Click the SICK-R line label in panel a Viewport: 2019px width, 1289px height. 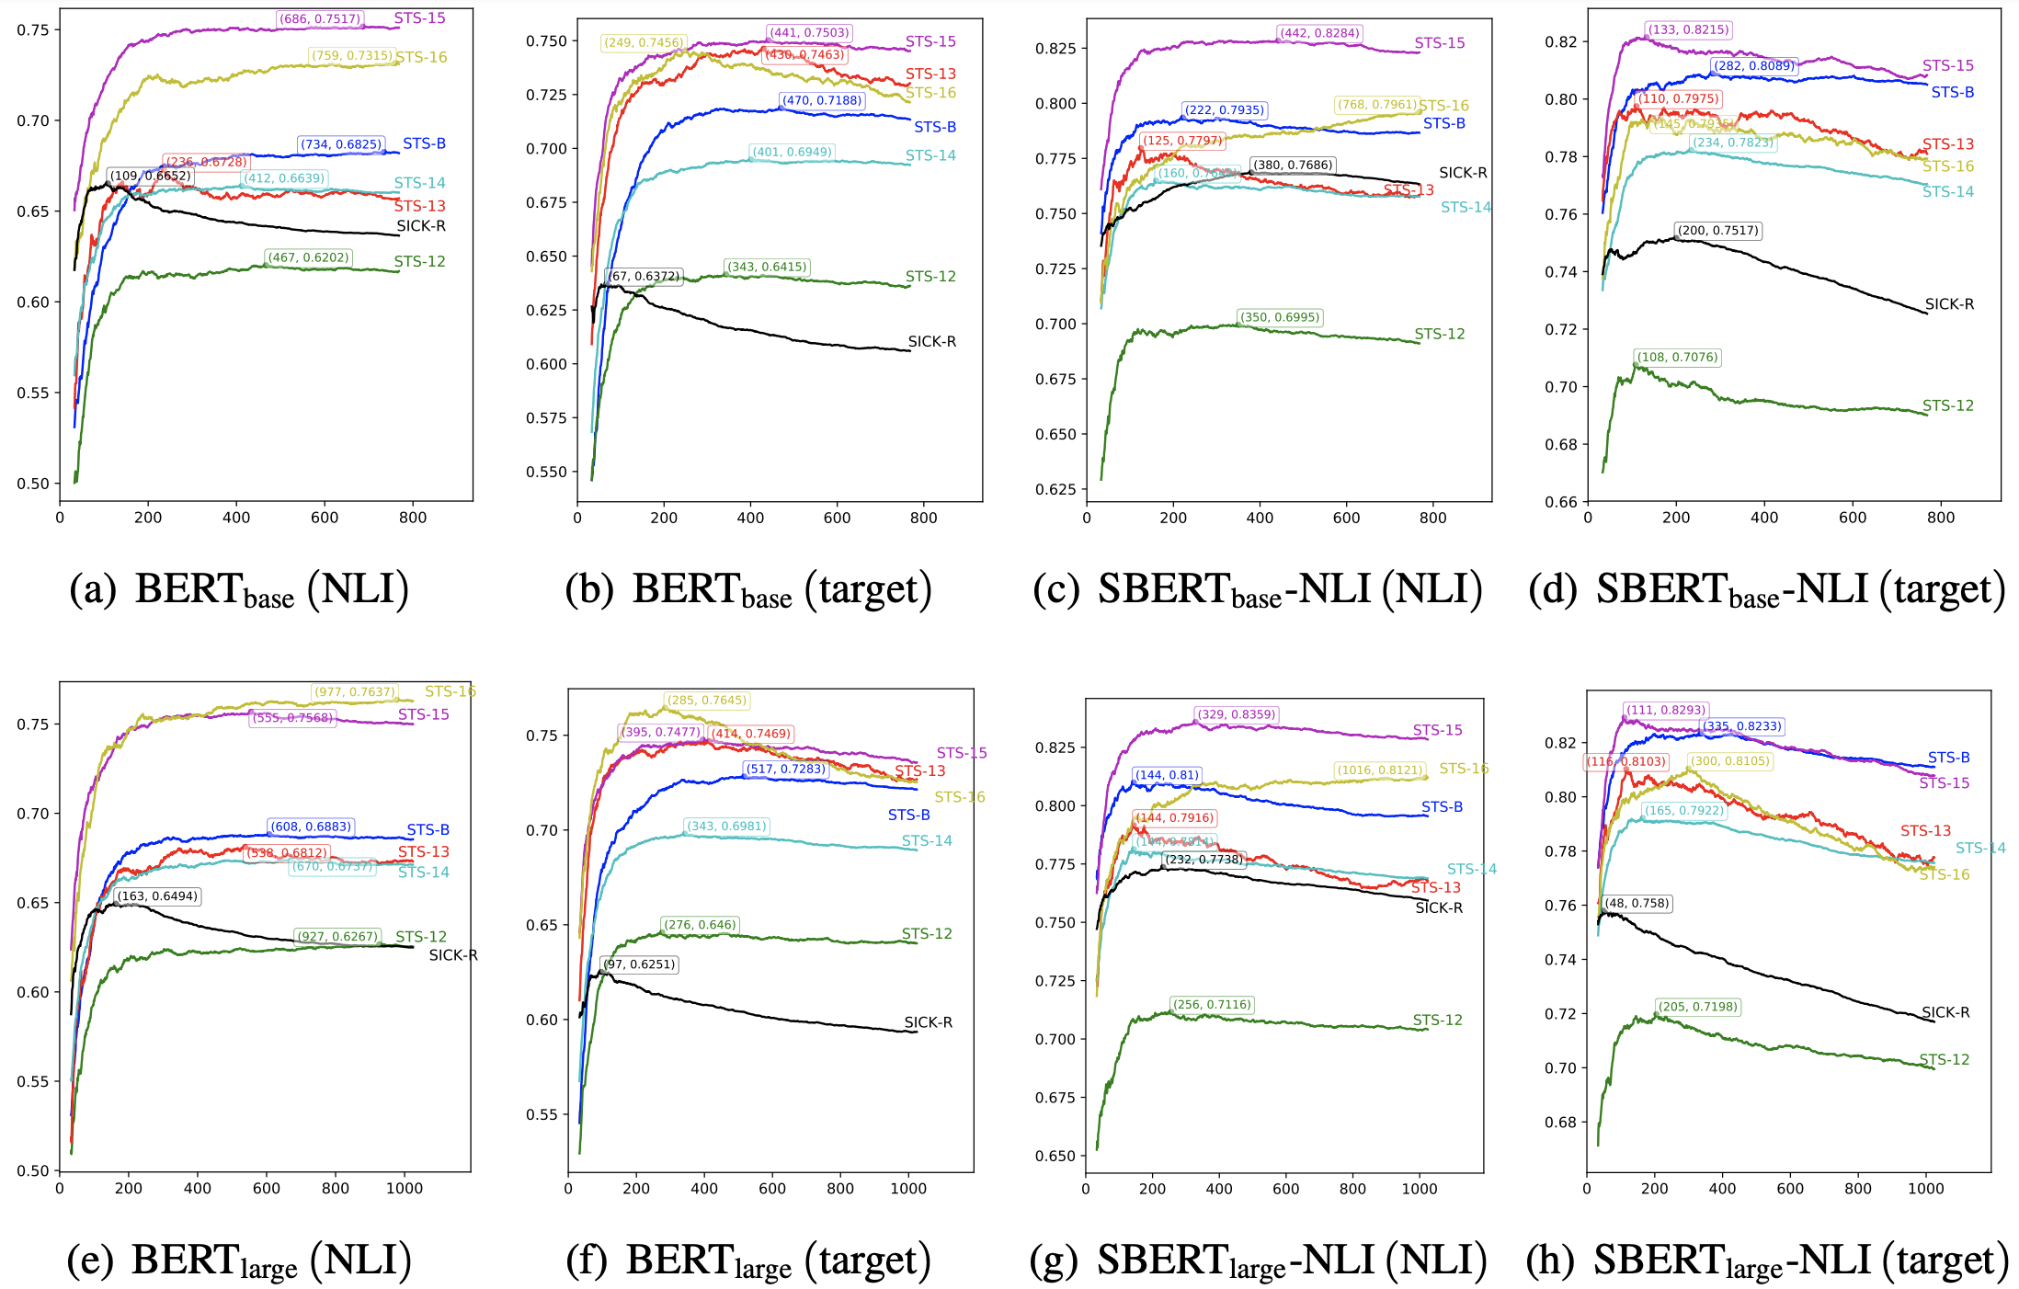point(421,226)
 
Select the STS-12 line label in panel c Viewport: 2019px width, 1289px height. point(1440,334)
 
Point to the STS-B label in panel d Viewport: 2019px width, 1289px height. point(1953,92)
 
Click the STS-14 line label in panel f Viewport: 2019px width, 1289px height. point(927,840)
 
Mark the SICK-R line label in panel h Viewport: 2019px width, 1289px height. point(1945,1012)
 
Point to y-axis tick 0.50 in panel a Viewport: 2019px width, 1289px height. point(33,484)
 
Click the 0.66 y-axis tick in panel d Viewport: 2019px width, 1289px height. point(1560,502)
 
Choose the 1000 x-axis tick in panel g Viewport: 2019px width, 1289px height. point(1420,1188)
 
